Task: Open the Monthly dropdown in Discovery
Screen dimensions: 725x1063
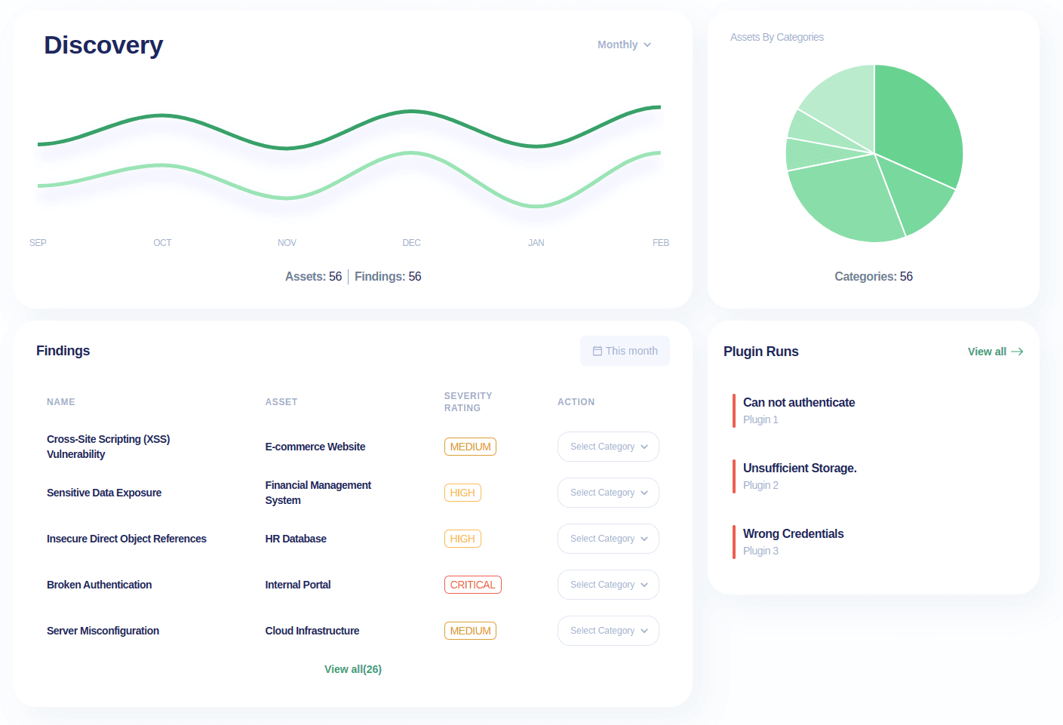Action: click(624, 45)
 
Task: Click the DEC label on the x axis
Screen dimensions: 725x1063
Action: click(411, 243)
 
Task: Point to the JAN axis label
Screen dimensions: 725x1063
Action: click(536, 243)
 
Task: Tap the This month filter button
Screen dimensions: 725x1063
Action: click(625, 351)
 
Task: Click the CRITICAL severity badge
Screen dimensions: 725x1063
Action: click(472, 585)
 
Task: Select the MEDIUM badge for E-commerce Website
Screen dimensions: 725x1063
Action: click(470, 447)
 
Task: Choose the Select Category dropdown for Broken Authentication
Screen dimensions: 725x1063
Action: click(608, 585)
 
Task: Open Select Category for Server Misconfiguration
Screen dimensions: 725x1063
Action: click(608, 631)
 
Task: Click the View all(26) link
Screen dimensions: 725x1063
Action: click(353, 669)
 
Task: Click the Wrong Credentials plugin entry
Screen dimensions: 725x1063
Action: click(793, 534)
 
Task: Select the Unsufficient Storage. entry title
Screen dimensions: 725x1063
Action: click(800, 468)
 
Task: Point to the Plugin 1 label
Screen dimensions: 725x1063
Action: click(760, 420)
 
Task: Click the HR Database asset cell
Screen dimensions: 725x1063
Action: click(296, 539)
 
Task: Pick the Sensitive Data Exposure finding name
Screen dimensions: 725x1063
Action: click(104, 493)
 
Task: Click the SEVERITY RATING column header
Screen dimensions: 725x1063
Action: click(468, 402)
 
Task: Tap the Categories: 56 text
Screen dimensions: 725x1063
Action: click(874, 277)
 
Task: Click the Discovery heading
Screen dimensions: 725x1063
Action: click(103, 45)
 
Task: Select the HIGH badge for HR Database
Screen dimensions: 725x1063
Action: click(462, 539)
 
